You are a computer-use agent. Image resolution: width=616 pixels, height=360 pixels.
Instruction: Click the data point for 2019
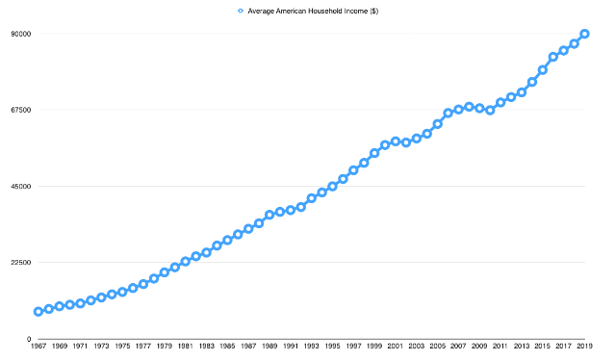(x=584, y=34)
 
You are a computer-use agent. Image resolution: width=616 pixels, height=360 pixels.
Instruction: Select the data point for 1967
(x=38, y=312)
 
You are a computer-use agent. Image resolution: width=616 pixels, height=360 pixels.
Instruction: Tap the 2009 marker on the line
(x=479, y=108)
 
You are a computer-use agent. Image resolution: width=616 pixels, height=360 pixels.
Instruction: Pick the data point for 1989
(x=269, y=215)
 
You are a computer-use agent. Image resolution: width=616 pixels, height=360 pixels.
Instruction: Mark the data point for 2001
(x=396, y=141)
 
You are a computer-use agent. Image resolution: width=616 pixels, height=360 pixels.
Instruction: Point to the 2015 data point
(x=543, y=70)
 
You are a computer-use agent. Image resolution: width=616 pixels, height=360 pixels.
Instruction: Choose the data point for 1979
(x=165, y=272)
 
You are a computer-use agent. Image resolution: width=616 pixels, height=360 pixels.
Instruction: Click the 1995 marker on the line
(x=332, y=187)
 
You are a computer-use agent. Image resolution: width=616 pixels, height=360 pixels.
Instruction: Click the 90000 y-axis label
(x=21, y=35)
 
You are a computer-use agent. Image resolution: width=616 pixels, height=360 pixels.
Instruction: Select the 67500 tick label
(x=21, y=110)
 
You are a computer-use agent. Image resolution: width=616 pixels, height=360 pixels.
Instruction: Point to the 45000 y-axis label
(x=21, y=187)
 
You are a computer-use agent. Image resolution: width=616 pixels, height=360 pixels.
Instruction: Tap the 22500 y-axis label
(x=21, y=263)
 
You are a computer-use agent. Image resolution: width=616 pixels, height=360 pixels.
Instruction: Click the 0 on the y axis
(x=29, y=339)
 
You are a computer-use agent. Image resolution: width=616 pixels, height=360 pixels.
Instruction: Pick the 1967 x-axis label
(x=38, y=347)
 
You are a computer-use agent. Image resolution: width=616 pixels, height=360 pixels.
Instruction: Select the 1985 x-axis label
(x=227, y=347)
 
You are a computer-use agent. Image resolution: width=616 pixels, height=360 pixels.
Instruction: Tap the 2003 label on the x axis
(x=417, y=347)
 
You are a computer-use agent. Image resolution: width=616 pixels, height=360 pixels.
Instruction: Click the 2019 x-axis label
(x=584, y=347)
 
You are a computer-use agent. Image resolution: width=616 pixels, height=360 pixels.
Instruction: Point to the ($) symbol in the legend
(x=373, y=11)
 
